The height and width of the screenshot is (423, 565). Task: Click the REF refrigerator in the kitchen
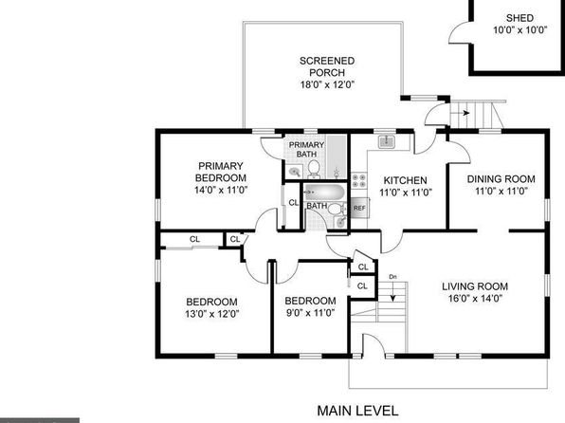pyautogui.click(x=359, y=208)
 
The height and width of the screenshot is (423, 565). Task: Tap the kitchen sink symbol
pyautogui.click(x=387, y=140)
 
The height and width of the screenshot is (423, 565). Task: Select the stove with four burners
pyautogui.click(x=359, y=180)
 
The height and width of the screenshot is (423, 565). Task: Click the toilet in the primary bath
pyautogui.click(x=314, y=169)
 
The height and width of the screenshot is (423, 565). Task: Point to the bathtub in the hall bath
pyautogui.click(x=324, y=193)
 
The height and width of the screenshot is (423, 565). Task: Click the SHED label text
pyautogui.click(x=519, y=18)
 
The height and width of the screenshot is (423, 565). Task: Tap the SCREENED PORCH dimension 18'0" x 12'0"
pyautogui.click(x=328, y=84)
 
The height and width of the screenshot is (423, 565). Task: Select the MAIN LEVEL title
pyautogui.click(x=357, y=411)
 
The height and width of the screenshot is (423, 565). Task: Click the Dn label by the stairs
pyautogui.click(x=392, y=277)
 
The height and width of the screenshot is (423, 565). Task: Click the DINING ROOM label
pyautogui.click(x=501, y=179)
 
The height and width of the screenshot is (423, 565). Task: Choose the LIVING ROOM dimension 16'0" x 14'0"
pyautogui.click(x=475, y=299)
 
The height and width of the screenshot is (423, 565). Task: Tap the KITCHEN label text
pyautogui.click(x=406, y=180)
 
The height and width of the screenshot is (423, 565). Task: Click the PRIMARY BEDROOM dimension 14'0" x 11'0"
pyautogui.click(x=221, y=190)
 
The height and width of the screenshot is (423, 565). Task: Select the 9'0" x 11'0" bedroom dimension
pyautogui.click(x=311, y=313)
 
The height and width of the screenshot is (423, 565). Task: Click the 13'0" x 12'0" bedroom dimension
pyautogui.click(x=212, y=314)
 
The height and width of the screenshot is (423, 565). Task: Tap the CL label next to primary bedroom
pyautogui.click(x=294, y=203)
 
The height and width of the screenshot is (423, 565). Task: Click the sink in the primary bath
pyautogui.click(x=295, y=172)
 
